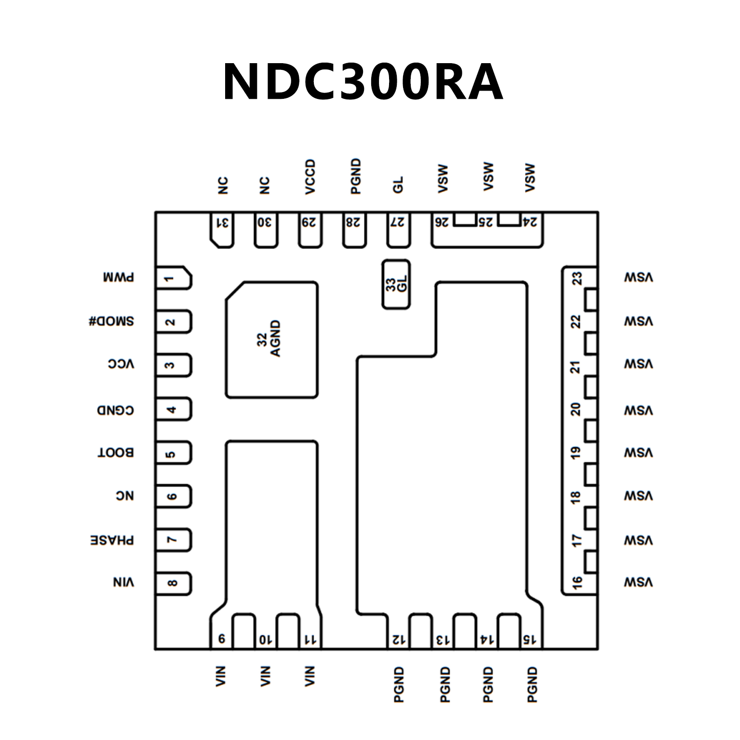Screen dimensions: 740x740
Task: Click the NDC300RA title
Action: tap(363, 82)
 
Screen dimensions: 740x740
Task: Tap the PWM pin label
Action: tap(119, 278)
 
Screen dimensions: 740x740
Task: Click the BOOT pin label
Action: tap(116, 453)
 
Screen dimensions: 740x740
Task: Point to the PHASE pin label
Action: tap(112, 540)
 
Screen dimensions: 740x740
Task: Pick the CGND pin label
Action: tap(115, 410)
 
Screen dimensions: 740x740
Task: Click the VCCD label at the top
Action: tap(310, 177)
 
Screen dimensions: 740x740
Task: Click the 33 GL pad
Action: tap(396, 284)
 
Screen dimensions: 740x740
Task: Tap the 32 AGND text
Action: tap(269, 338)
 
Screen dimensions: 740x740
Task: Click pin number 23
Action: tap(577, 279)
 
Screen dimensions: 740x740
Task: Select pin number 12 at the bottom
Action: tap(398, 640)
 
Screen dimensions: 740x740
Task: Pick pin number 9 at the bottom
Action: tap(221, 639)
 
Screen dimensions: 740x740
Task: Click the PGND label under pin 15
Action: tap(532, 685)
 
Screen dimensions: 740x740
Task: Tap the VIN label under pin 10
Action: tap(265, 676)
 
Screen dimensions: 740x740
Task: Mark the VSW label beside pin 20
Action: tap(638, 410)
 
